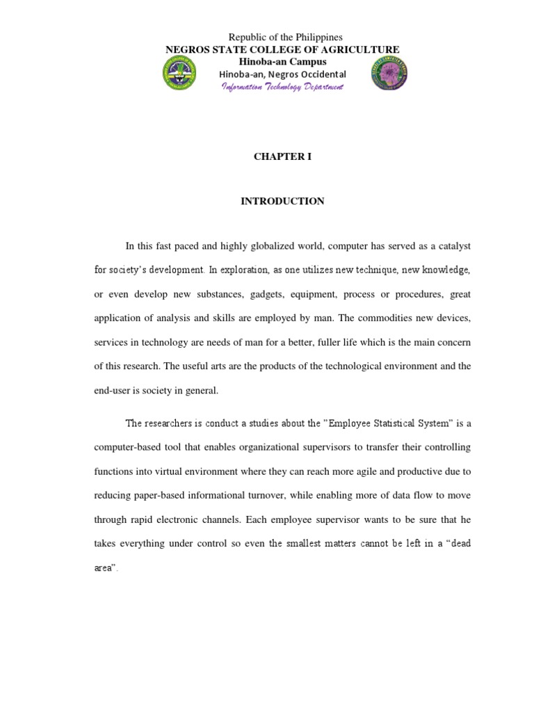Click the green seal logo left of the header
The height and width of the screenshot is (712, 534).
(x=179, y=73)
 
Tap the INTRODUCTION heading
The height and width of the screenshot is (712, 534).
(x=282, y=201)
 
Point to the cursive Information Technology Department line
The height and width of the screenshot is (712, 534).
(x=282, y=86)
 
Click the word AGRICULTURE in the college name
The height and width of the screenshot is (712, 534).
(x=359, y=49)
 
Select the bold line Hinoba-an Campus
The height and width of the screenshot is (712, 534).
(x=282, y=61)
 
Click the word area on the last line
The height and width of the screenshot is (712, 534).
(x=104, y=567)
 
